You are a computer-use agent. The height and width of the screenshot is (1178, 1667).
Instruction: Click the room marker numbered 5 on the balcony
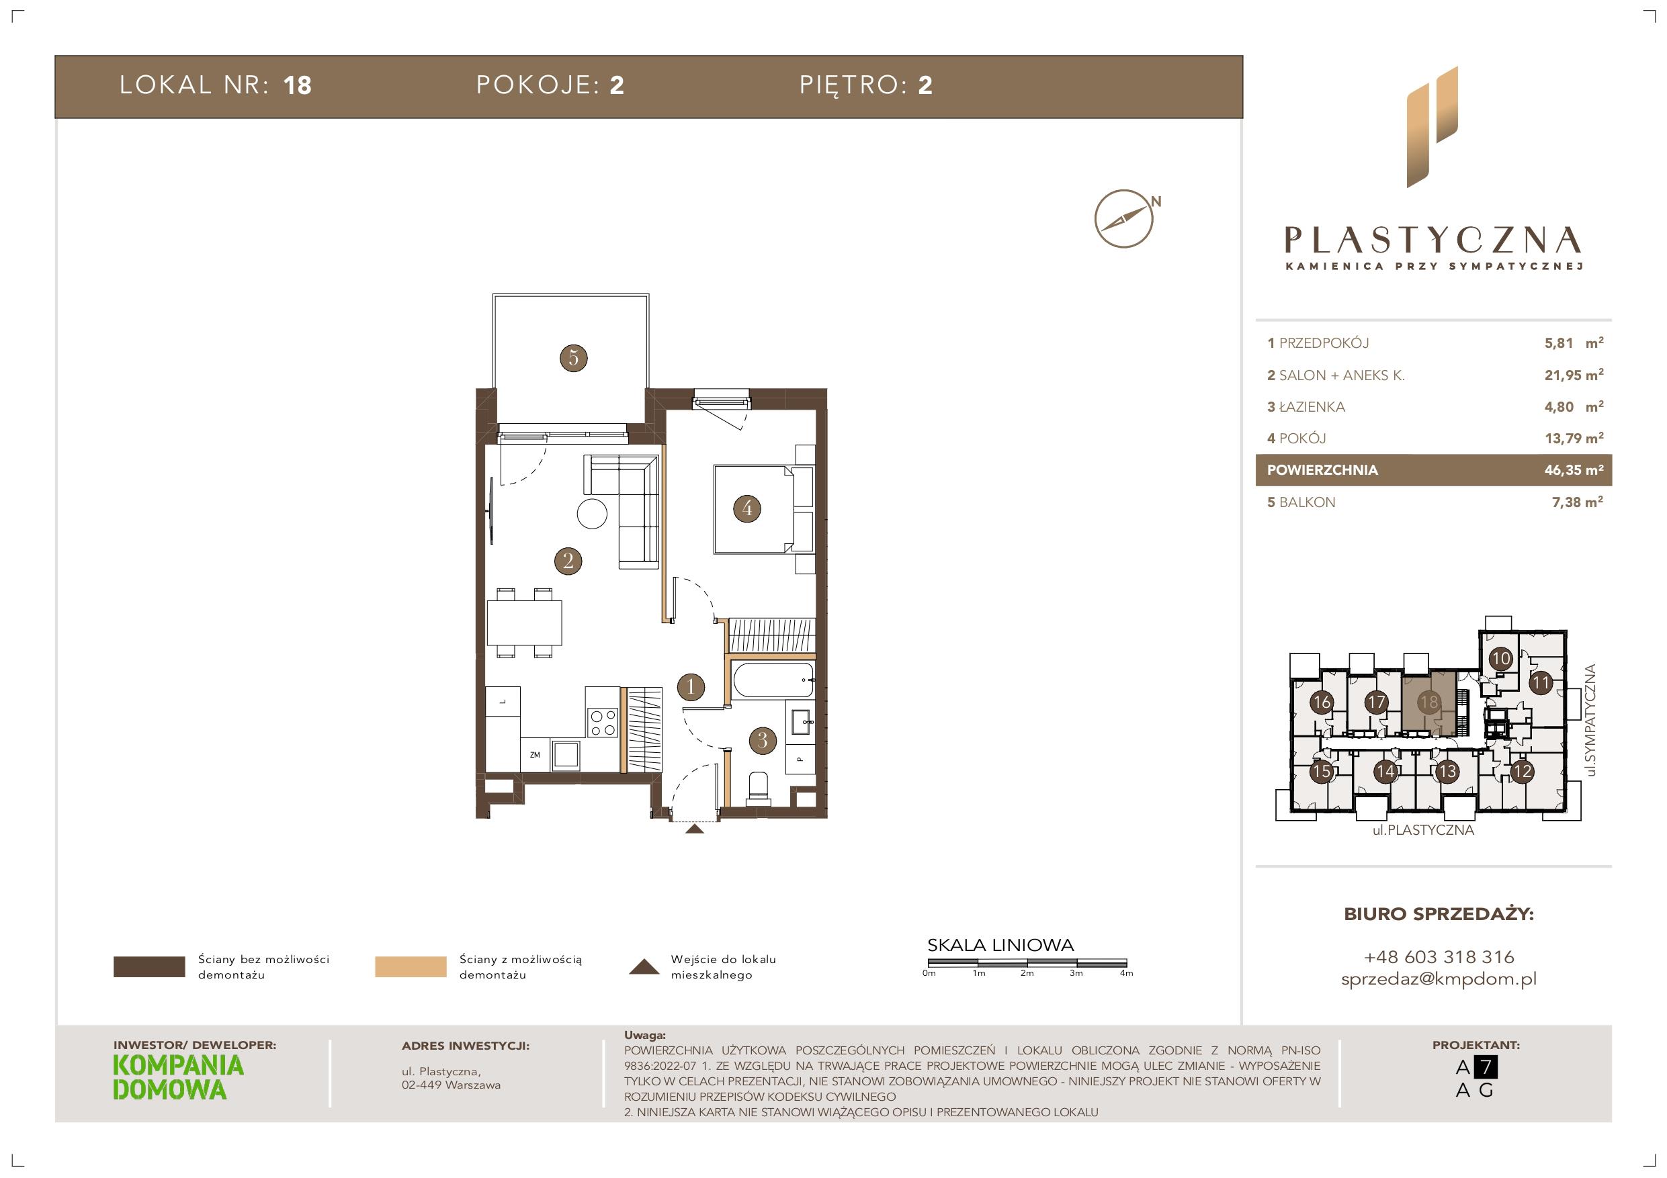point(574,358)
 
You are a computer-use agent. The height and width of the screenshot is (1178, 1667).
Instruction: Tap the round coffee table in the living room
point(592,514)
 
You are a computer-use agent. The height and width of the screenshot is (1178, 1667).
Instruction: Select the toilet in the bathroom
point(759,786)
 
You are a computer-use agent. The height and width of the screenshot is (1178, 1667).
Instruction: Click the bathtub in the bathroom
point(773,680)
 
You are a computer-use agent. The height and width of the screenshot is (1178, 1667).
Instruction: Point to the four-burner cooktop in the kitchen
point(603,721)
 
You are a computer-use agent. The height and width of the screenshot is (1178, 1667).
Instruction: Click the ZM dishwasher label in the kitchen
point(535,755)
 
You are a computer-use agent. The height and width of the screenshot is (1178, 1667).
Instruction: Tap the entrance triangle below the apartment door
point(694,829)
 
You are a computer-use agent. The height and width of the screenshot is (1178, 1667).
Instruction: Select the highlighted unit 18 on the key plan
point(1429,702)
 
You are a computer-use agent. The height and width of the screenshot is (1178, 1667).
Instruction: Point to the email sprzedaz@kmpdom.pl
point(1439,979)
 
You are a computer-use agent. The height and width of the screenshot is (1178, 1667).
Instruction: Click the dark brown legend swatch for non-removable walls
point(149,967)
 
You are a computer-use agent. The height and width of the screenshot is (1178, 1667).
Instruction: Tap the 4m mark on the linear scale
point(1126,973)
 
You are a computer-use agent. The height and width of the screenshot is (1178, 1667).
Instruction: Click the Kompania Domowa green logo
point(179,1078)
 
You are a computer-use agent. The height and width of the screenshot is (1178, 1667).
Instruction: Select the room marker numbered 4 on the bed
point(747,508)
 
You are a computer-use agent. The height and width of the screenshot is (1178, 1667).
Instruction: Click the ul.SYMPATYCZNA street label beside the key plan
point(1591,720)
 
